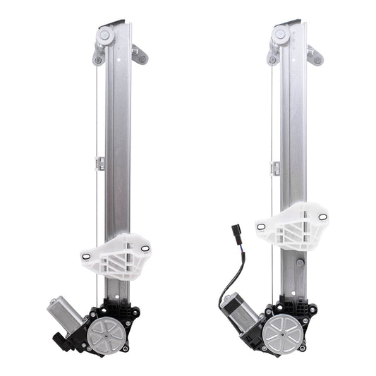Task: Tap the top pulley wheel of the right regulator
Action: point(281,35)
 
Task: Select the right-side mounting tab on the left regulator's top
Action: point(140,54)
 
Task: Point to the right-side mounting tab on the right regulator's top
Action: point(315,54)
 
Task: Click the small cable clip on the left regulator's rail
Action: point(100,163)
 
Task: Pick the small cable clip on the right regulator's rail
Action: point(275,168)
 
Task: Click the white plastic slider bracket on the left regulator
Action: point(116,256)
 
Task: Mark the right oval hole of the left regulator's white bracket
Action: point(145,248)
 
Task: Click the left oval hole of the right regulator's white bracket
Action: point(262,227)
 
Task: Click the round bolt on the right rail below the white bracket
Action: point(301,262)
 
